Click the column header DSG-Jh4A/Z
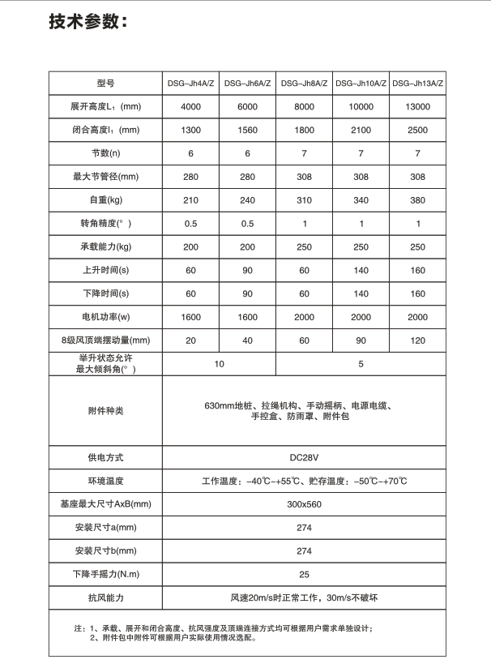coord(190,83)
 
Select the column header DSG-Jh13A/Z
coord(417,83)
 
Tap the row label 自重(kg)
coord(105,200)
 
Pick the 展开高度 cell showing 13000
coord(417,107)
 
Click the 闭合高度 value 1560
coord(247,131)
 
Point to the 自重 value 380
coord(417,200)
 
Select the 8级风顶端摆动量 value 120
coord(417,340)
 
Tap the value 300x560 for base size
coord(304,504)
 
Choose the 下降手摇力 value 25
coord(304,575)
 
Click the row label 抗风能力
coord(105,598)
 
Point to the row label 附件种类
coord(105,411)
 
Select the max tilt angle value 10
coord(219,364)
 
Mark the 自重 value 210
coord(190,200)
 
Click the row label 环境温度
coord(105,481)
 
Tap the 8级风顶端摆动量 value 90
coord(361,340)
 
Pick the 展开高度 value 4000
coord(190,107)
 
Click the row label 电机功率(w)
coord(105,317)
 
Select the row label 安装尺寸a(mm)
coord(105,528)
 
